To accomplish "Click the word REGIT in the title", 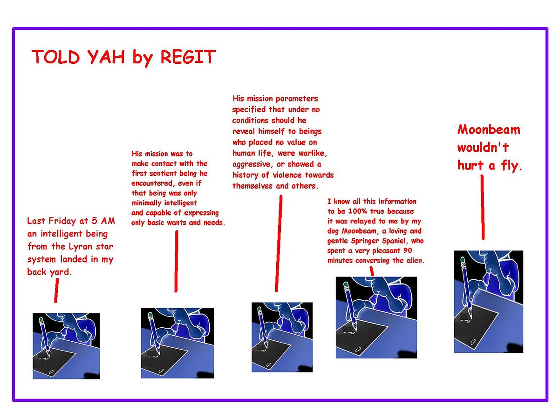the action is [x=188, y=57].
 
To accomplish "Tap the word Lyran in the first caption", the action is [x=74, y=246].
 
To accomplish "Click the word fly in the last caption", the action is [x=509, y=166].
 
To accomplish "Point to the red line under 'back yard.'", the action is [x=56, y=290].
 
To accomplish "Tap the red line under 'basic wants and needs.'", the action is [x=176, y=261].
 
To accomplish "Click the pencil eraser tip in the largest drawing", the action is [x=462, y=259].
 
